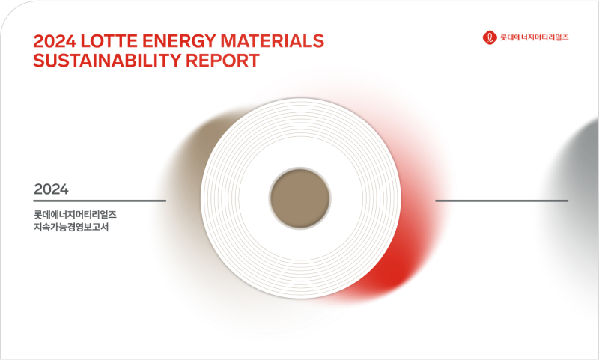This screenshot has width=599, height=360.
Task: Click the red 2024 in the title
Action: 55,41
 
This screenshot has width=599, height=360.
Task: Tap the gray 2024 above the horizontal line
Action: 51,189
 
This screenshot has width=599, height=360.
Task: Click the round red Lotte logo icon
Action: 490,37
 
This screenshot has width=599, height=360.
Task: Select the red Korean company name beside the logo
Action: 535,37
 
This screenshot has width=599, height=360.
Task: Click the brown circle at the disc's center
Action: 300,198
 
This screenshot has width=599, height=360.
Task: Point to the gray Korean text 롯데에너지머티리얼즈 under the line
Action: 75,215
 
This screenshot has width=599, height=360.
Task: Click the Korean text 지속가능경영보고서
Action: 71,227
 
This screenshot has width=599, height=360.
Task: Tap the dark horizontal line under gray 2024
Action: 100,201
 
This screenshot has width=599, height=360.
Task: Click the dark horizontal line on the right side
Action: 502,201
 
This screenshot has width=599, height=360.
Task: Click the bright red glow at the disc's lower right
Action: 386,275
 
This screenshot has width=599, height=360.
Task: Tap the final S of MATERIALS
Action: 319,41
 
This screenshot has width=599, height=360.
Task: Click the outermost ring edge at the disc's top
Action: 301,99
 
